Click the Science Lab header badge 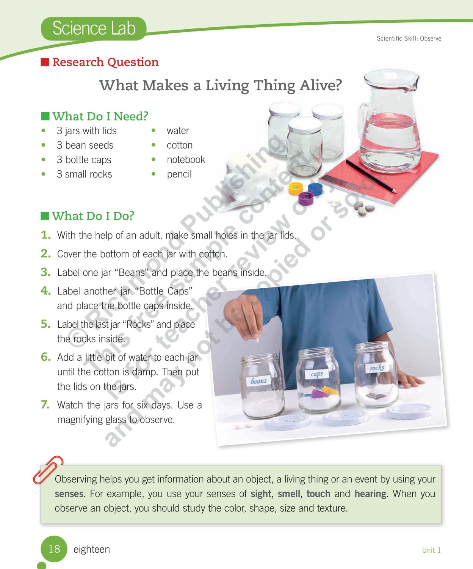coord(93,28)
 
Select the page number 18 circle coord(54,549)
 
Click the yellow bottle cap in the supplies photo coord(296,189)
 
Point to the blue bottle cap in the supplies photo coord(315,189)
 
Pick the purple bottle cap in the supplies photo coord(306,198)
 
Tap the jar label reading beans coord(259,381)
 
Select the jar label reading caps coord(317,374)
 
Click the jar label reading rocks coord(377,368)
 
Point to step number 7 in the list coord(45,404)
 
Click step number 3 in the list coord(46,272)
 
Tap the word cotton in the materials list coord(179,145)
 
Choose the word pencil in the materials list coord(179,174)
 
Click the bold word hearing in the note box coord(370,494)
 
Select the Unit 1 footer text coord(431,550)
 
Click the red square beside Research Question coord(45,62)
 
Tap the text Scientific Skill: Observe coord(409,38)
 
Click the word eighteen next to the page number coord(91,550)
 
